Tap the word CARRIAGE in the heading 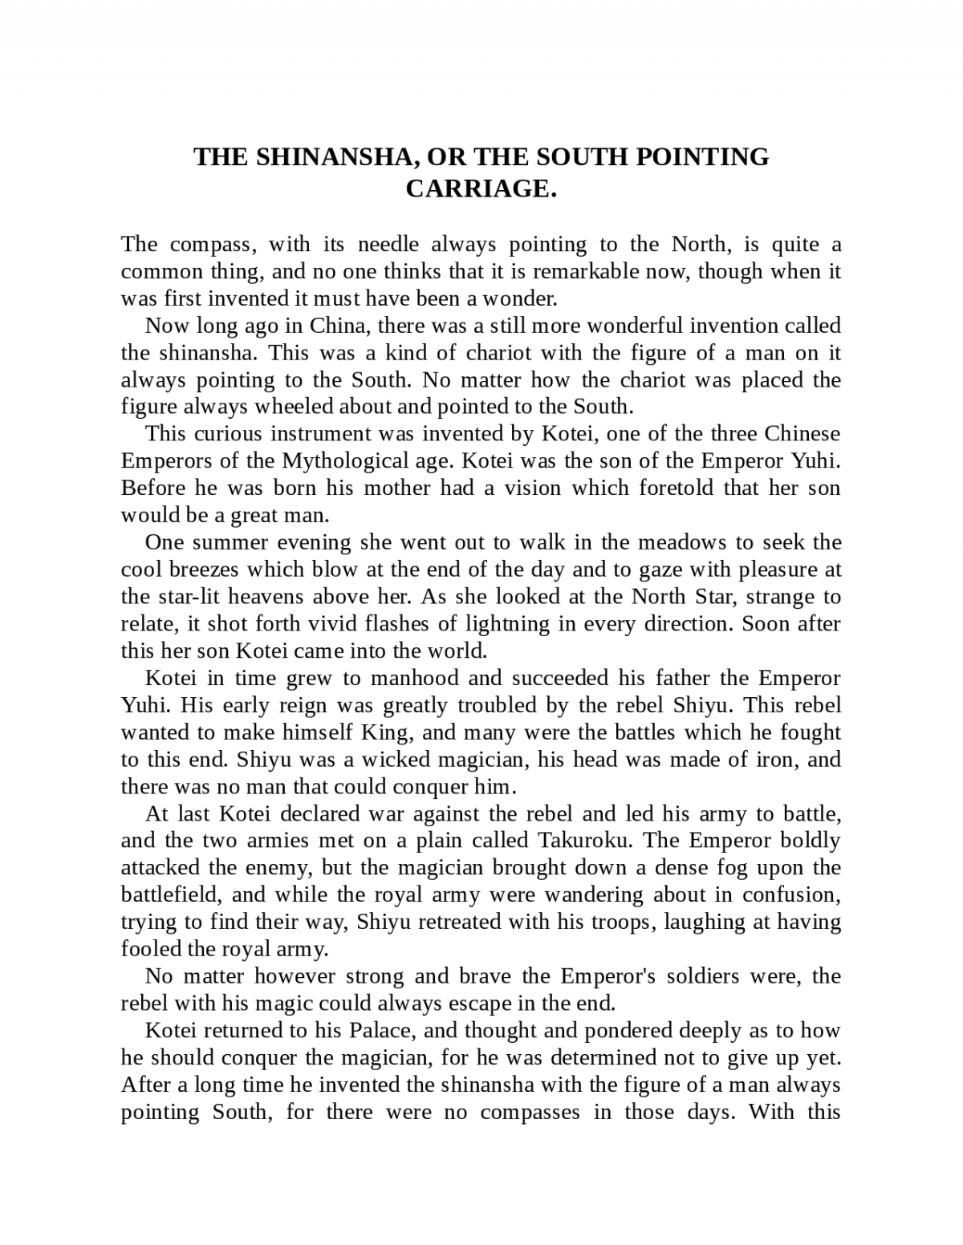(481, 189)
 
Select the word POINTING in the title (702, 157)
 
